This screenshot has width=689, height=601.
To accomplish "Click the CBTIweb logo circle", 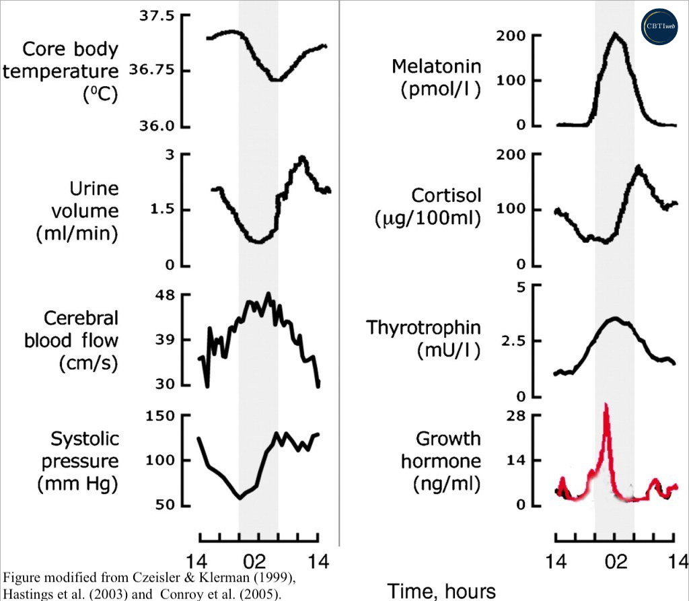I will point(661,26).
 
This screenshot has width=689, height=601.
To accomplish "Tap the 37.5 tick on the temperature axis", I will point(156,15).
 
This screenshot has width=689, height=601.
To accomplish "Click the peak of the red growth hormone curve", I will point(606,404).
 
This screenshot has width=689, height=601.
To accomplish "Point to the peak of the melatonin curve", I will point(614,34).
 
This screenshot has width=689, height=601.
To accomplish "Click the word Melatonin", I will point(436,67).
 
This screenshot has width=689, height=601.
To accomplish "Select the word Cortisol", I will point(447,195).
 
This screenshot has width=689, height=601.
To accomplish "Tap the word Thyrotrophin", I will point(423,328).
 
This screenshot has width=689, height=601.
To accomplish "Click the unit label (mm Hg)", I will point(79,483).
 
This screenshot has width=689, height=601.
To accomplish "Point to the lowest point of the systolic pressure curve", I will point(240,498).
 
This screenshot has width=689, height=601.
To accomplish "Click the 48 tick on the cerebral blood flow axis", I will point(164,295).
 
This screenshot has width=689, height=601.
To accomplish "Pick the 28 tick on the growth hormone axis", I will point(516,415).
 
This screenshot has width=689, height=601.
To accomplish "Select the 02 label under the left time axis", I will point(258,560).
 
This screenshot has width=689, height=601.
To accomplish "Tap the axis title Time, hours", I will point(441,590).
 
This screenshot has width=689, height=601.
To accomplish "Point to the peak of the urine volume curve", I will point(302,157).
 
